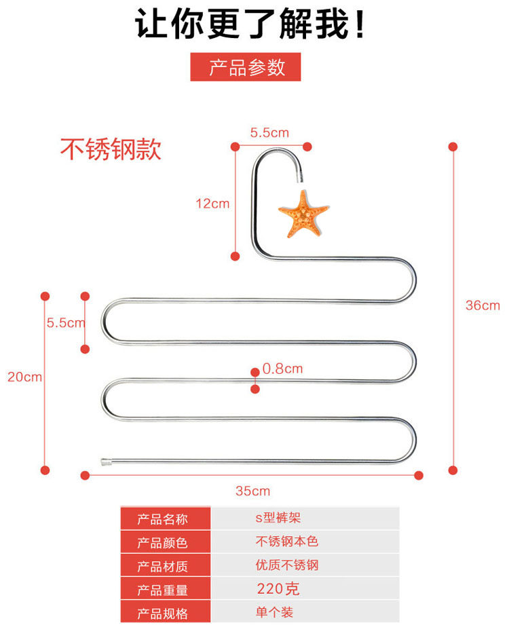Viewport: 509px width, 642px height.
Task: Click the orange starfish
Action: pos(303,214)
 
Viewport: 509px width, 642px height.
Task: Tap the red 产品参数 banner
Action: pos(246,68)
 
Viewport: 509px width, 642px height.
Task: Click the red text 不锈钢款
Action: pos(111,149)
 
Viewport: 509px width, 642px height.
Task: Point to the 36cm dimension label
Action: pos(482,305)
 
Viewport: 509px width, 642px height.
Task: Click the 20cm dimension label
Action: pos(24,377)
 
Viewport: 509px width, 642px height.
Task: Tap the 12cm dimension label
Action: pos(212,203)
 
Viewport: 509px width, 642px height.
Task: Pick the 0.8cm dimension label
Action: pos(282,369)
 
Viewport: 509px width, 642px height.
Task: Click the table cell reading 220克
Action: pos(278,588)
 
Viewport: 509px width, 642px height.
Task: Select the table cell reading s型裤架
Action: pos(278,518)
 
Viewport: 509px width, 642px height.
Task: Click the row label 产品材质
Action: pos(163,566)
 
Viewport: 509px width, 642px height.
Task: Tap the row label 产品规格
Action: pos(163,613)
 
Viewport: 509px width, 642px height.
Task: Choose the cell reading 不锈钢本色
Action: pos(286,542)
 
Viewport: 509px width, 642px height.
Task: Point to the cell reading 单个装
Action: pos(274,612)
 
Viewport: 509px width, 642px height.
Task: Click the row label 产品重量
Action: pos(163,590)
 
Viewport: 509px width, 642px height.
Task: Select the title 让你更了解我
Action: pos(251,25)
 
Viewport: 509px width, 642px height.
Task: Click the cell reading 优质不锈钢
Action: pos(286,565)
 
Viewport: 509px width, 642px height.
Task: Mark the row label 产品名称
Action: pos(163,519)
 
